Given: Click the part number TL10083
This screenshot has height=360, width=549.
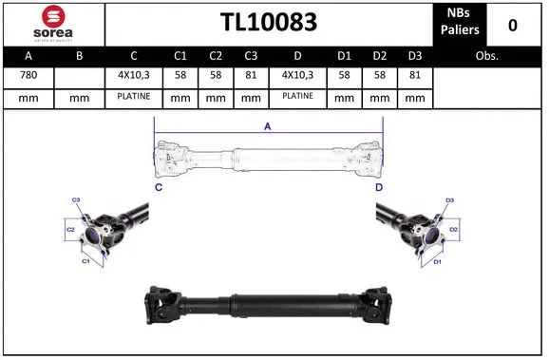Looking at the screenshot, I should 268,23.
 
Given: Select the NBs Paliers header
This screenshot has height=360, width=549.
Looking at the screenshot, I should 460,23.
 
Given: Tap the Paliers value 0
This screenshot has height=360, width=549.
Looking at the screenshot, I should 513,24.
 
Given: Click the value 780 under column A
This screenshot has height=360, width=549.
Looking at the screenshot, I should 28,76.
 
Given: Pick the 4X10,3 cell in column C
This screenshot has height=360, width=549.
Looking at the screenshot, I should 134,76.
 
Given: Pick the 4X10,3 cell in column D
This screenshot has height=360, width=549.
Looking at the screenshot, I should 297,76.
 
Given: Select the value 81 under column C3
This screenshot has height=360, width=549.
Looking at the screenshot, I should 250,76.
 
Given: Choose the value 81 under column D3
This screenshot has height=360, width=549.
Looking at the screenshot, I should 413,76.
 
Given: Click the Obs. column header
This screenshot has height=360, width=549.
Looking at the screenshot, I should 487,55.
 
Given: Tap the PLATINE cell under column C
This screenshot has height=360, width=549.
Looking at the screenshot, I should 134,97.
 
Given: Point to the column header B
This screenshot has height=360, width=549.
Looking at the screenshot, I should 79,55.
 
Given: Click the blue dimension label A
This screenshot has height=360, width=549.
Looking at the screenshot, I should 268,126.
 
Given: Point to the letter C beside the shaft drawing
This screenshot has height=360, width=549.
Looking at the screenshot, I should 159,188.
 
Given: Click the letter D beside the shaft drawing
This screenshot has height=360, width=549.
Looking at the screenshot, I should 378,188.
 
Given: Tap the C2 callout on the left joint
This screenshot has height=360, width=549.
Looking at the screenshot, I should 70,230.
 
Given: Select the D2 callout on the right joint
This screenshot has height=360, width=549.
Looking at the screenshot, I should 453,230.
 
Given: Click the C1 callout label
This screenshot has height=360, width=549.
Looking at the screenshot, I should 85,260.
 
